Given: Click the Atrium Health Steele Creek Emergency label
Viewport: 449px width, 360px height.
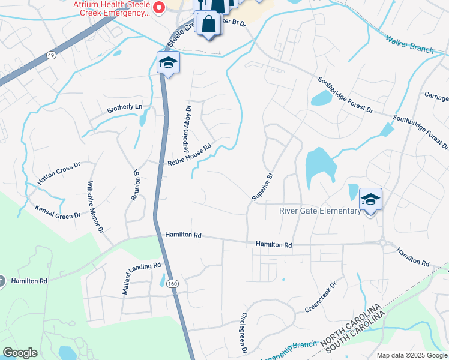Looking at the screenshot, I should [112, 8].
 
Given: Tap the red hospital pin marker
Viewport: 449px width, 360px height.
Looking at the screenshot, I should [159, 8].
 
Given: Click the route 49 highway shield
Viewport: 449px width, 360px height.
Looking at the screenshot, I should [51, 55].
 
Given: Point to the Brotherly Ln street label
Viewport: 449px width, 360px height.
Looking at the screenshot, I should [125, 109].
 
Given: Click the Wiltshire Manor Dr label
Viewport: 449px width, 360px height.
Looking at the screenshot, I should [95, 207].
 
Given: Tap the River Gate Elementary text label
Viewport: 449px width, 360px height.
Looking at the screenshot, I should [320, 211].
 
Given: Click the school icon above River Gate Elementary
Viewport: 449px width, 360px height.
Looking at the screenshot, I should [370, 199].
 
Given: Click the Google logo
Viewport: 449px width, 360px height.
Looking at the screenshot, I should [20, 353].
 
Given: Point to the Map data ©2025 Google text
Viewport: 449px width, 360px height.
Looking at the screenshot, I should [411, 355].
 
